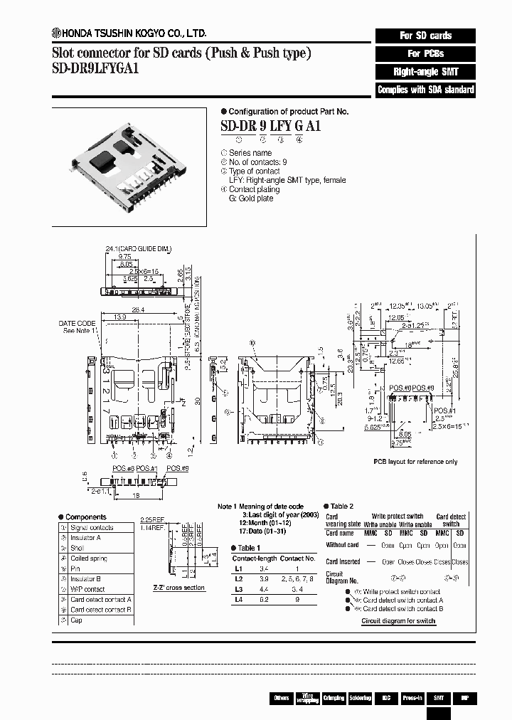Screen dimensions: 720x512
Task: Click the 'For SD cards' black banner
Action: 425,36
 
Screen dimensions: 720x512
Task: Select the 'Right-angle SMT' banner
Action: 425,72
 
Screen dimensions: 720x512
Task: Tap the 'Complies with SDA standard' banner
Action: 425,90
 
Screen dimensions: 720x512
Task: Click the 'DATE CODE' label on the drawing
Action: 77,323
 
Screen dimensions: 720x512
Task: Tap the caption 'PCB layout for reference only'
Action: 416,462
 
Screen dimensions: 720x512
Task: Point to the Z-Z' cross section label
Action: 179,588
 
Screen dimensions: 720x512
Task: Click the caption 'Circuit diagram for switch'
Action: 398,621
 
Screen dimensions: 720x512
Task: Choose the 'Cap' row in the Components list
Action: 76,620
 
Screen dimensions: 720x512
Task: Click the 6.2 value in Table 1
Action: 264,600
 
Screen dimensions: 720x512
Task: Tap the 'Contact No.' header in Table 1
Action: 297,558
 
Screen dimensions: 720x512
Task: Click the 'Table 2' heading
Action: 341,506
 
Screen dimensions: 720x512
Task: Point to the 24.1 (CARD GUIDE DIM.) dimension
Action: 138,248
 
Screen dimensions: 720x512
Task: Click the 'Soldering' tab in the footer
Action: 359,698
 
